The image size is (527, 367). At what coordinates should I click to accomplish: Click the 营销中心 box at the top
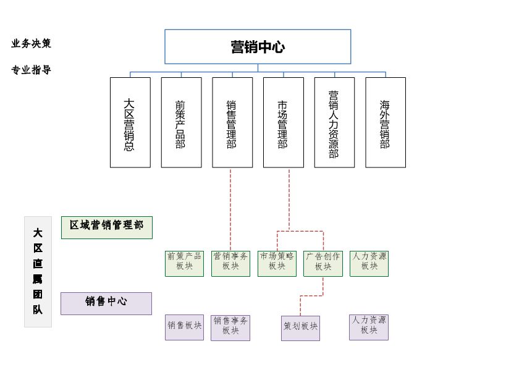coord(258,47)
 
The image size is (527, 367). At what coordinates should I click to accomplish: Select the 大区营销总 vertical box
coord(130,122)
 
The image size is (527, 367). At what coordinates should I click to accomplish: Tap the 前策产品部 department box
coord(181,122)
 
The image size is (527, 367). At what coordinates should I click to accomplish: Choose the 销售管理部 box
coord(232,122)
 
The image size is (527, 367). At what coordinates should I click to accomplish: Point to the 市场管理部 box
coord(283,122)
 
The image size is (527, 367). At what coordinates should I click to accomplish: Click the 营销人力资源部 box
coord(334,122)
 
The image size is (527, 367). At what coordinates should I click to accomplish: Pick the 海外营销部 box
coord(386,122)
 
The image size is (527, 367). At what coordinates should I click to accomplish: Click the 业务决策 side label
coord(31,43)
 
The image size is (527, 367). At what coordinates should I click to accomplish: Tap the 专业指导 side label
coord(31,70)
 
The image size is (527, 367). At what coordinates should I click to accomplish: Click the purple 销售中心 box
coord(106,303)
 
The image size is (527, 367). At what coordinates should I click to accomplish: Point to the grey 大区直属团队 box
coord(38,271)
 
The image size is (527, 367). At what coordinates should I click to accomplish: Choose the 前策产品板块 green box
coord(184,263)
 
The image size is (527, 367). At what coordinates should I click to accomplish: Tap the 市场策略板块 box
coord(277,263)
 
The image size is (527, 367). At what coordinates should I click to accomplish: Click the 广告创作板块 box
coord(323,263)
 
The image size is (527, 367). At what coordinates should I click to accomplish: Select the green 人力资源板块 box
coord(369,263)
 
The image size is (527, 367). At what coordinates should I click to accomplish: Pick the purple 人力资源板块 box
coord(369,327)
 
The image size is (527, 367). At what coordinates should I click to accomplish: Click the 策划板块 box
coord(300,328)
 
